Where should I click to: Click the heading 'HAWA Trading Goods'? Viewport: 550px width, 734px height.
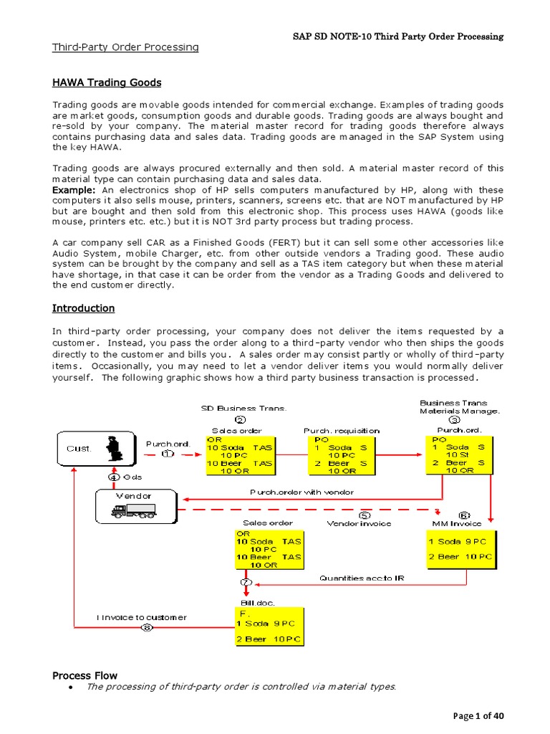click(x=107, y=82)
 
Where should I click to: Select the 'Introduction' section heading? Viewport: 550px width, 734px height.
click(x=83, y=308)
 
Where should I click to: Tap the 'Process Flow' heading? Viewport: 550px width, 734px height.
click(x=85, y=675)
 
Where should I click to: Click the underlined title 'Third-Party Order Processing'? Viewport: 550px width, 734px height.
click(x=125, y=47)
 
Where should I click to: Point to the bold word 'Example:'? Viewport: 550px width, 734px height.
click(x=74, y=189)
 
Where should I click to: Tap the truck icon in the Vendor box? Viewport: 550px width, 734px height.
click(x=133, y=510)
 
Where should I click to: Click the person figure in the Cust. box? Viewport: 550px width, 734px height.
click(x=112, y=449)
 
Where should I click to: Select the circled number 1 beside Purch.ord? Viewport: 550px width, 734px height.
click(x=168, y=454)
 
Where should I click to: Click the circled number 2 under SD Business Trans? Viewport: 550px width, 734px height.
click(x=241, y=420)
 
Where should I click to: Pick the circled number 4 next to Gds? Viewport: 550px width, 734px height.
click(x=113, y=476)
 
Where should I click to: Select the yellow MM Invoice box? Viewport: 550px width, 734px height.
click(x=460, y=549)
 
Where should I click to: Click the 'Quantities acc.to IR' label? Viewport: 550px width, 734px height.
click(x=361, y=578)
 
